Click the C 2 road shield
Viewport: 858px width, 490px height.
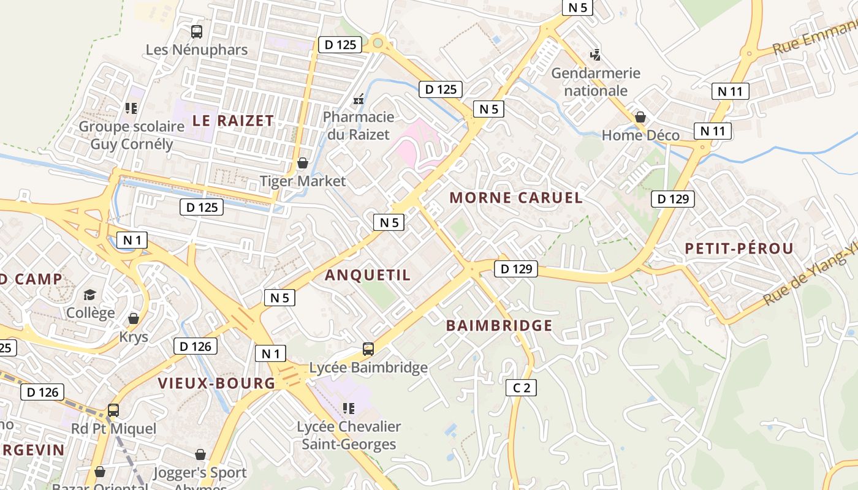[521, 388]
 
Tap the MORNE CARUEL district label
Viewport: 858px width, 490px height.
[515, 198]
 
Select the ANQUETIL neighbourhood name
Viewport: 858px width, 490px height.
[368, 275]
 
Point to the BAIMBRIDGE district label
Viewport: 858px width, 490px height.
[499, 325]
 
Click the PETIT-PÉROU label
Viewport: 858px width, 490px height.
[738, 249]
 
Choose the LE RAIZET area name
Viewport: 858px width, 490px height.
[233, 121]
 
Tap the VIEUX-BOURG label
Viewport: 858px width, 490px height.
[217, 383]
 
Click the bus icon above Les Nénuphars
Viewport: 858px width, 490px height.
[197, 32]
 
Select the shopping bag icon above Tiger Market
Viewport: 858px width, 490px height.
[302, 163]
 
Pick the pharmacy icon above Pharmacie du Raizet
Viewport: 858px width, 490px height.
[359, 99]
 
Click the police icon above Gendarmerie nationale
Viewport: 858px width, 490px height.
[595, 55]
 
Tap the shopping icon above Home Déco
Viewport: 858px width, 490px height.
[640, 117]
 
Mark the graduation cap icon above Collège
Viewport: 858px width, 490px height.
[90, 295]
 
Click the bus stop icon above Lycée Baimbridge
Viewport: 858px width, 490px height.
[368, 349]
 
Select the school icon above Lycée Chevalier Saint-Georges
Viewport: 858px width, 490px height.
[349, 409]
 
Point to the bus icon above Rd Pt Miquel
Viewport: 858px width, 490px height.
[113, 410]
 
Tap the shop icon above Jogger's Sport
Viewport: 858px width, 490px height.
[200, 454]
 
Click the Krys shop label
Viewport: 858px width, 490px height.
[134, 337]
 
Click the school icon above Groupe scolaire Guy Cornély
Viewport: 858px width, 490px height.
[131, 108]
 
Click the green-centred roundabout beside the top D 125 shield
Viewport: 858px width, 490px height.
[378, 43]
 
